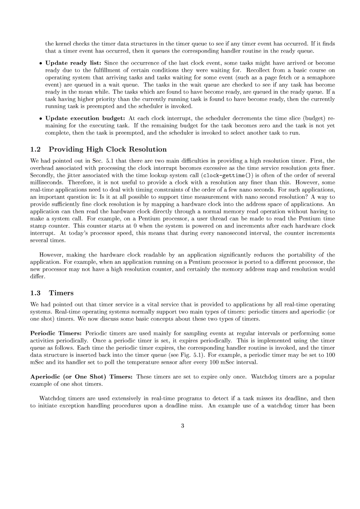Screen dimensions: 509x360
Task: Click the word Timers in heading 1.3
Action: pyautogui.click(x=61, y=293)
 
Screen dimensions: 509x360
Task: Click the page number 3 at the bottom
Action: pyautogui.click(x=182, y=426)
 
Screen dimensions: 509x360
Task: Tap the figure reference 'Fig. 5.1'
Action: pyautogui.click(x=197, y=355)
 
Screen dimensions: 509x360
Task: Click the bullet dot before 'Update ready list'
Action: pyautogui.click(x=40, y=63)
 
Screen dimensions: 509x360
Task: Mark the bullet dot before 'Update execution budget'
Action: pyautogui.click(x=40, y=119)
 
